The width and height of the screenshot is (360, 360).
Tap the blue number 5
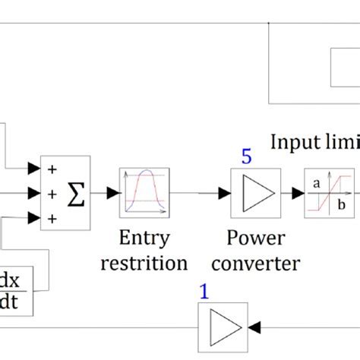pos(247,157)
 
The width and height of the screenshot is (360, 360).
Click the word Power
pos(256,238)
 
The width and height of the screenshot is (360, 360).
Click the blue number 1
pos(204,289)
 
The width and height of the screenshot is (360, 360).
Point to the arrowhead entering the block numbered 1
pos(252,326)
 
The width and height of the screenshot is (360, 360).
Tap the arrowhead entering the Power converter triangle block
pos(224,194)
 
